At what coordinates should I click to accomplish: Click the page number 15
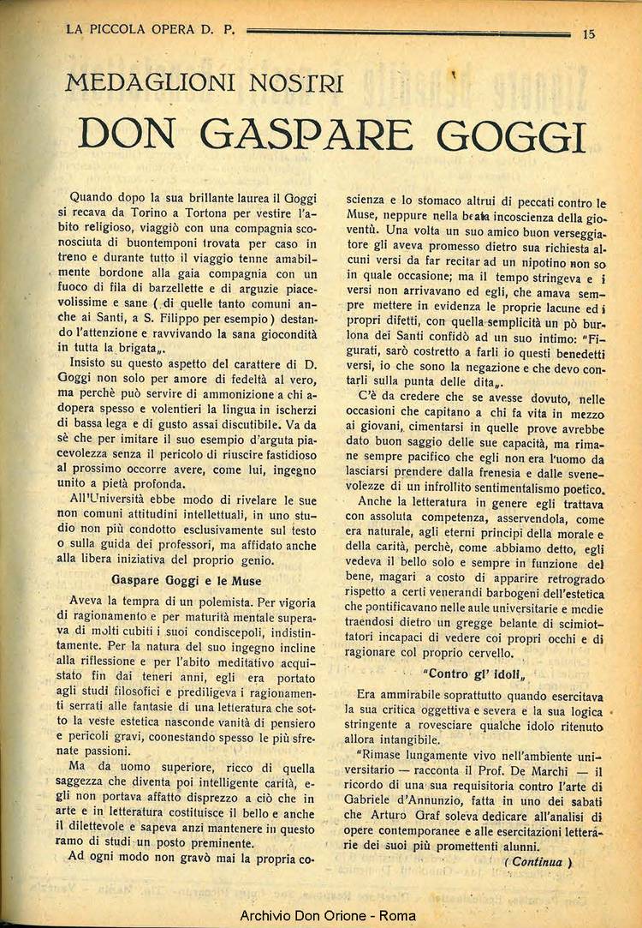tap(588, 34)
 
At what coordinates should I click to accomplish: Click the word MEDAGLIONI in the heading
tap(146, 84)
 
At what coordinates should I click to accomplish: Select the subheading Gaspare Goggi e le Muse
tap(187, 580)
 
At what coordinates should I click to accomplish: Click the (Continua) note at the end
tap(538, 862)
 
